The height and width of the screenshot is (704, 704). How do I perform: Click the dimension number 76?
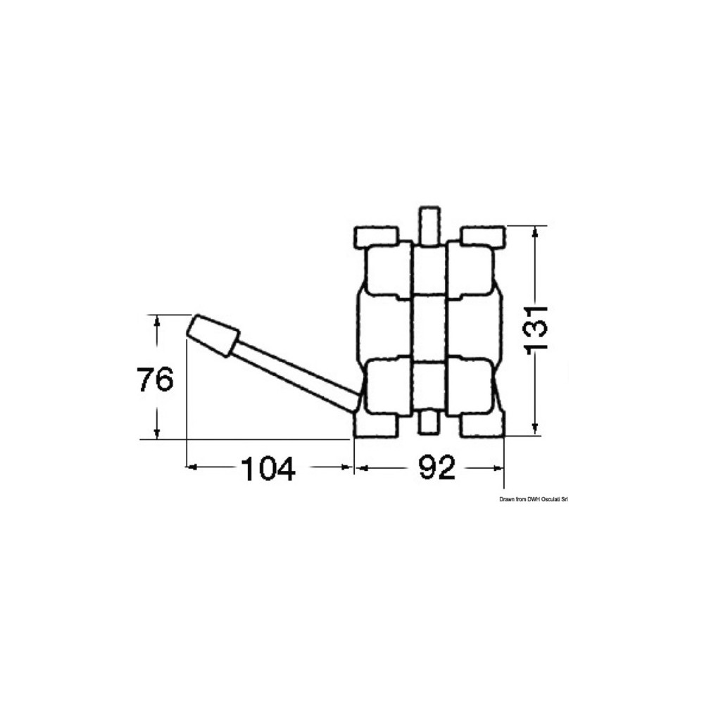[x=155, y=379]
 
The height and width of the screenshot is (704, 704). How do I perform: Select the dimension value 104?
[x=268, y=468]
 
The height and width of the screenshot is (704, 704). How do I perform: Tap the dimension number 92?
[x=437, y=467]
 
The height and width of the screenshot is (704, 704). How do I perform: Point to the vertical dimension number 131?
[x=536, y=328]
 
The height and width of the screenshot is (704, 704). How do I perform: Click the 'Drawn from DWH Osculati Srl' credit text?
[x=534, y=499]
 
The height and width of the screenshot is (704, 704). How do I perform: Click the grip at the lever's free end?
[x=213, y=337]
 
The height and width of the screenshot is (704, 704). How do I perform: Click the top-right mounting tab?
[x=484, y=237]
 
